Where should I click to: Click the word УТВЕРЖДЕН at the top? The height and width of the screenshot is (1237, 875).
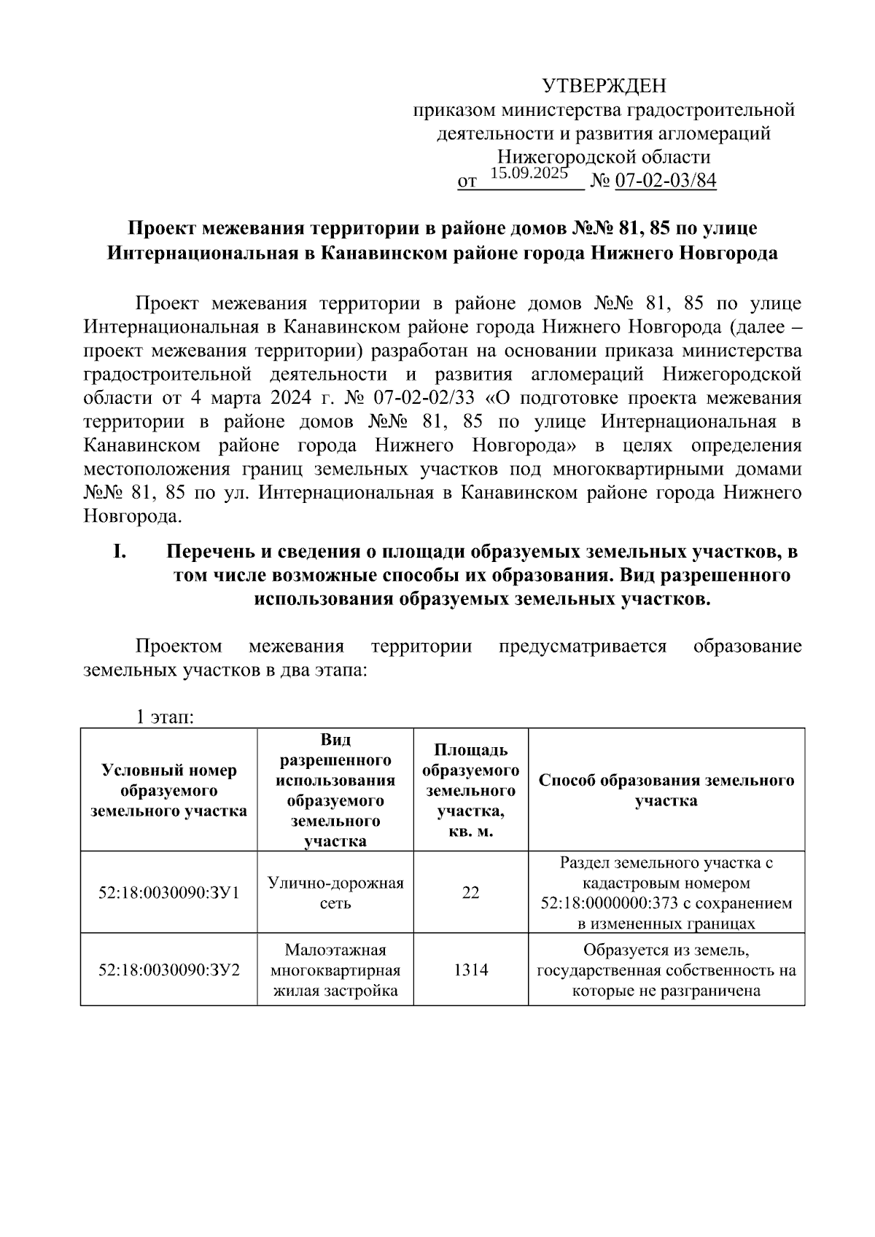[x=604, y=87]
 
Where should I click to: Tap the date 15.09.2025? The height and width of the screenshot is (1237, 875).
[x=529, y=173]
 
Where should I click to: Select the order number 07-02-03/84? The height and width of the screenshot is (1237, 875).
[x=666, y=181]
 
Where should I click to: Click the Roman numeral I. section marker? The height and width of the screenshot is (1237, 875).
[x=121, y=553]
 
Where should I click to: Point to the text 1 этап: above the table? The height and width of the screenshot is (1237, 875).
[x=164, y=717]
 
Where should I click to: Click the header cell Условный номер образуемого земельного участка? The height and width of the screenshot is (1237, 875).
[x=168, y=790]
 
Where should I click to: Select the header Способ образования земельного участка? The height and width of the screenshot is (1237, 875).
[x=666, y=790]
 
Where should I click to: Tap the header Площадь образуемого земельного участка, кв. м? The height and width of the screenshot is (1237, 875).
[x=470, y=790]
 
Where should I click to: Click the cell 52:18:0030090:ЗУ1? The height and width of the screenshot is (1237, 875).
[x=168, y=892]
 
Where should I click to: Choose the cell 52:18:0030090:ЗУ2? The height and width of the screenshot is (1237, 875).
[x=168, y=970]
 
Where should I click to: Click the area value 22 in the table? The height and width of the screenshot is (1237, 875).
[x=470, y=892]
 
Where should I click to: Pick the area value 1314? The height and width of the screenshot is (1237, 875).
[x=470, y=970]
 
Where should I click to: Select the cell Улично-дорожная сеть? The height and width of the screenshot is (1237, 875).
[x=335, y=893]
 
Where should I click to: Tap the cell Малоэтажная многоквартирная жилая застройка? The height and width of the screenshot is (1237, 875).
[x=335, y=970]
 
